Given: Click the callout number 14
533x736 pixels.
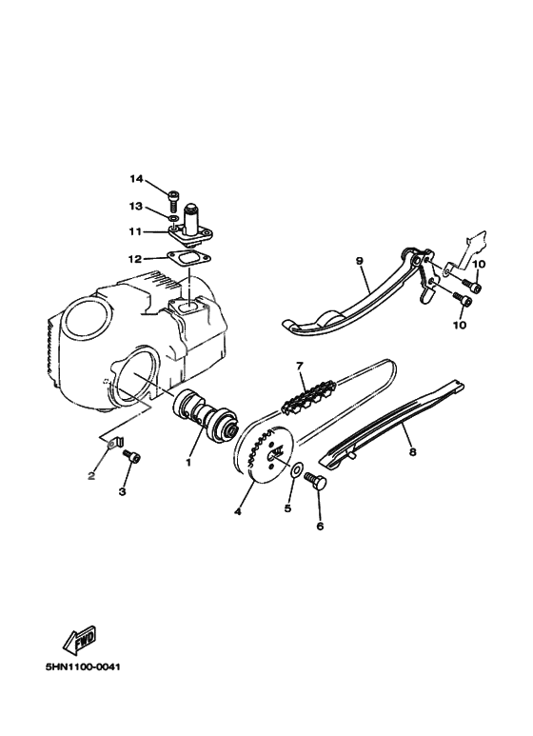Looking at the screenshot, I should (x=136, y=179).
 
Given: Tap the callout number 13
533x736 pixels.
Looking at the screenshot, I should (x=136, y=206).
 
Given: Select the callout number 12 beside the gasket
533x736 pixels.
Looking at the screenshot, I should (x=135, y=258).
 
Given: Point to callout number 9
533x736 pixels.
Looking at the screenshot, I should (x=361, y=260).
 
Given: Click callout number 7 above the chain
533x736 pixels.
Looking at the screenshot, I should (x=299, y=365).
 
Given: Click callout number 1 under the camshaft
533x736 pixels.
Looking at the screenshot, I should (x=189, y=463).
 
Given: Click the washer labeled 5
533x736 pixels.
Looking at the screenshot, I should (x=299, y=469).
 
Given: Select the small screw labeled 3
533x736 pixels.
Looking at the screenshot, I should (x=132, y=458).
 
